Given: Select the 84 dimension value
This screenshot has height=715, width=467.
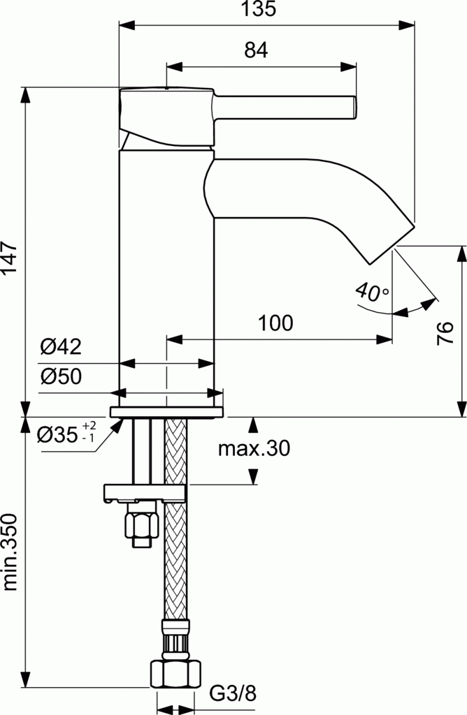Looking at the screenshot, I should pyautogui.click(x=256, y=50).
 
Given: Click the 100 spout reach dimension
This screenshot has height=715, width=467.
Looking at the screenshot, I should pyautogui.click(x=275, y=323).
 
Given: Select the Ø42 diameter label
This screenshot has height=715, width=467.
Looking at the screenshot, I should pyautogui.click(x=61, y=346).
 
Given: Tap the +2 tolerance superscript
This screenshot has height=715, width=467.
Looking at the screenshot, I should pyautogui.click(x=89, y=426).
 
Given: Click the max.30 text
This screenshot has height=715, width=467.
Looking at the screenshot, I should pyautogui.click(x=253, y=448).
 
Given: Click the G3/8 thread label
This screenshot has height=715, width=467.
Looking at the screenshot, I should pyautogui.click(x=233, y=694).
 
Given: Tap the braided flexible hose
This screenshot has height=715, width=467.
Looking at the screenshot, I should pyautogui.click(x=175, y=559).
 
